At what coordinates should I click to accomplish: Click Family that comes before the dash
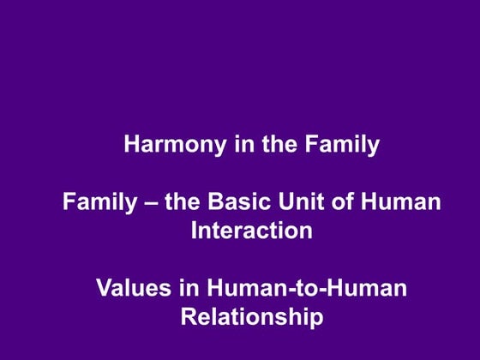(x=99, y=203)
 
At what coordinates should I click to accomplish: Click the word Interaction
(x=251, y=231)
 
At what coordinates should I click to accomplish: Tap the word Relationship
(x=252, y=317)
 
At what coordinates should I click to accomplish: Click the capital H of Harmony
(x=132, y=144)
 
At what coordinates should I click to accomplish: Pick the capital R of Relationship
(x=189, y=317)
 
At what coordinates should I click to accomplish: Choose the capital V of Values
(x=103, y=289)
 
